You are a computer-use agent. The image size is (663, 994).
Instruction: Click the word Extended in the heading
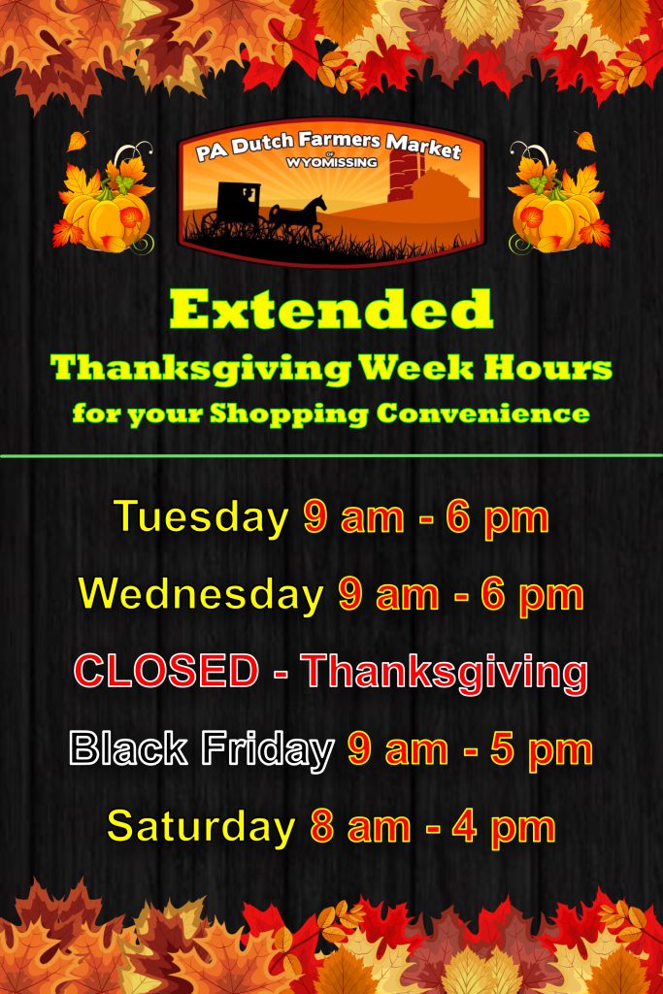point(331,311)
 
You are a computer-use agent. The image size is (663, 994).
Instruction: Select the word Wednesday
point(201,594)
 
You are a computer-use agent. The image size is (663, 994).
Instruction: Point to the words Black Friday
point(201,749)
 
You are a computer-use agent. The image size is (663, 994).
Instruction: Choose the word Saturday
point(201,827)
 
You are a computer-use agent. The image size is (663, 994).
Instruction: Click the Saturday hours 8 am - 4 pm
point(433,827)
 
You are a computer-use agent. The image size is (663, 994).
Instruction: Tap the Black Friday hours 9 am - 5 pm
point(470,749)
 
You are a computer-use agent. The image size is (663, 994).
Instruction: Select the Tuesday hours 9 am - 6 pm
point(426,516)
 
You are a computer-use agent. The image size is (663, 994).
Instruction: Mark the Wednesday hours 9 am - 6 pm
point(461,594)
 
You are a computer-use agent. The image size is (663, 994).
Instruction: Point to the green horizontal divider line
point(331,454)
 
